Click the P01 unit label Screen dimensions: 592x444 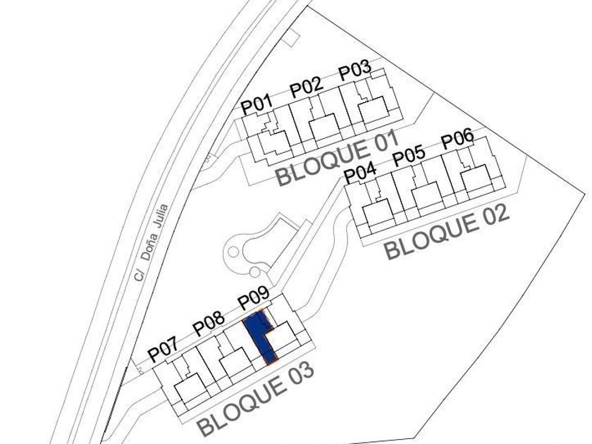(257, 105)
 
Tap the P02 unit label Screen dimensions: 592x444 (306, 87)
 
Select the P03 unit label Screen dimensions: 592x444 (354, 71)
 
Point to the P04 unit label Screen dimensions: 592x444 (360, 173)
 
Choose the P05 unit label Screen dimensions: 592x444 (409, 156)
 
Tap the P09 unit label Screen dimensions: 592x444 (253, 300)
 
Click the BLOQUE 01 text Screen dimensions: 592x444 (332, 159)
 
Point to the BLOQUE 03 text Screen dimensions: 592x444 (254, 399)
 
